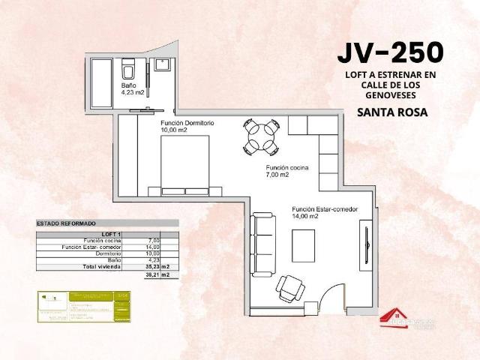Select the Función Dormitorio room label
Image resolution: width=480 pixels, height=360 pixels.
pyautogui.click(x=187, y=125)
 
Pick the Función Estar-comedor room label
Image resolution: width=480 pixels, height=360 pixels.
pyautogui.click(x=324, y=212)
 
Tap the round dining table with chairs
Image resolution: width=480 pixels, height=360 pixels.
pyautogui.click(x=261, y=137)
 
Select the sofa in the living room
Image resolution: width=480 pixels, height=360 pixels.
pyautogui.click(x=262, y=244)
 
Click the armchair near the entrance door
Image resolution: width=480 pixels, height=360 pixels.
pyautogui.click(x=289, y=286)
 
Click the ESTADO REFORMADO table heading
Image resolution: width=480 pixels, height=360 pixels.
pyautogui.click(x=66, y=223)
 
